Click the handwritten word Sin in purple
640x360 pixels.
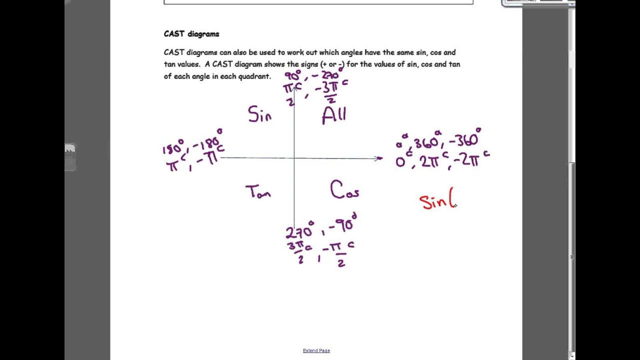click(x=259, y=115)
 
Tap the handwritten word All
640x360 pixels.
click(x=334, y=115)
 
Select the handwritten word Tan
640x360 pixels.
click(x=258, y=192)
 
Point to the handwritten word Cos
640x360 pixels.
click(x=344, y=191)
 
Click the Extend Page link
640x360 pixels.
click(x=316, y=350)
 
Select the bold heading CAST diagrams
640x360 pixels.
click(x=191, y=34)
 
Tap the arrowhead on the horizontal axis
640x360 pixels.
click(x=379, y=158)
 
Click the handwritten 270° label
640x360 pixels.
click(x=299, y=231)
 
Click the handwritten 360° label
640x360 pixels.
click(x=426, y=142)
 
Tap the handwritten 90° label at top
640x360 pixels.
click(x=292, y=76)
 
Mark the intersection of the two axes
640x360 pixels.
click(x=294, y=158)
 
